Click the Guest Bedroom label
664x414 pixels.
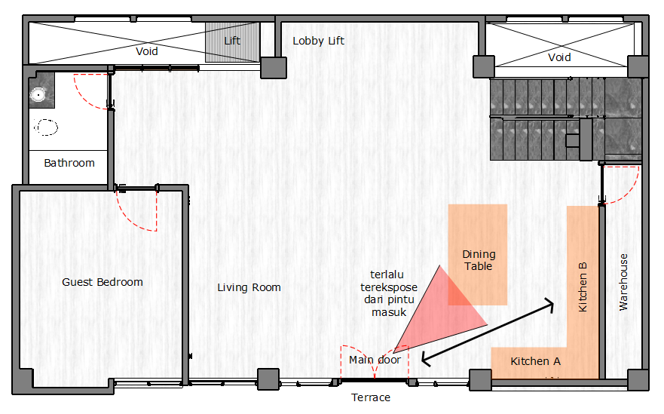(103, 282)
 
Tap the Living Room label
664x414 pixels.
(249, 288)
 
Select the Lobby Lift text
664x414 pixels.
(319, 41)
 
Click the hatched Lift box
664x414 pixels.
(232, 42)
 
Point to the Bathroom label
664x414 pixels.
(69, 163)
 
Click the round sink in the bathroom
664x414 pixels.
(38, 94)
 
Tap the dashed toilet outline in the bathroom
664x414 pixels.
(46, 127)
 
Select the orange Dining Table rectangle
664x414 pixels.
(478, 255)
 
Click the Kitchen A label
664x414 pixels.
(536, 361)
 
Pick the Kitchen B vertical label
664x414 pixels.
(583, 287)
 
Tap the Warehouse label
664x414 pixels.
(623, 282)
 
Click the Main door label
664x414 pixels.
(375, 360)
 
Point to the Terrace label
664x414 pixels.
(371, 397)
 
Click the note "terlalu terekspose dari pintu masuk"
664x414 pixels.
(389, 293)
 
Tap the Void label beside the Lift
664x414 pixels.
(147, 52)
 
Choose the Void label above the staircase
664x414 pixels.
(559, 57)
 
